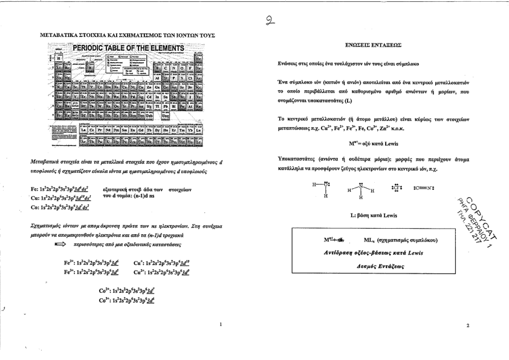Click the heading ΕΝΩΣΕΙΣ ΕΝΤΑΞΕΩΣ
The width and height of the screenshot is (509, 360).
[x=372, y=45]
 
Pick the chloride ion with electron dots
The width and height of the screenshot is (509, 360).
[x=394, y=187]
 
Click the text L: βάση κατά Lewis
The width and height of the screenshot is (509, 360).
[x=373, y=215]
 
